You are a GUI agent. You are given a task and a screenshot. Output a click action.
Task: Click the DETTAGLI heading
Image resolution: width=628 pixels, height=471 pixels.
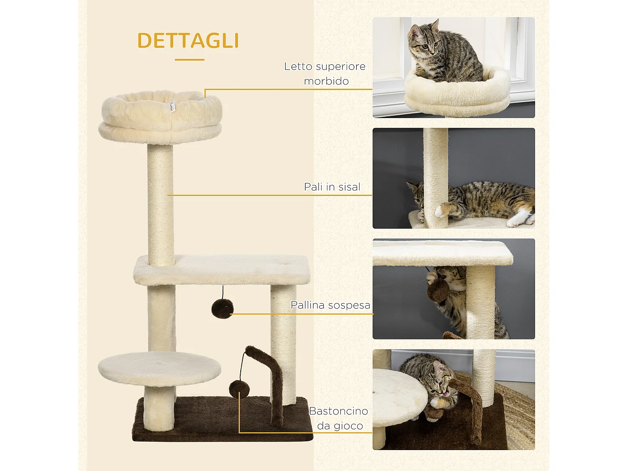pos(188,41)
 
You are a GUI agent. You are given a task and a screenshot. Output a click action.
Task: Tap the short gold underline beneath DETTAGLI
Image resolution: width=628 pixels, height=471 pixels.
pos(189,59)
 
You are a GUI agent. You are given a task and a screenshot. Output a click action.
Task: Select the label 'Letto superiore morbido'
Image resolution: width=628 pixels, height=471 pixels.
pos(325,73)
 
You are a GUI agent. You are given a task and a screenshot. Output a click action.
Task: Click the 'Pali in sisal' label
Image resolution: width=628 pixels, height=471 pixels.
pos(332,187)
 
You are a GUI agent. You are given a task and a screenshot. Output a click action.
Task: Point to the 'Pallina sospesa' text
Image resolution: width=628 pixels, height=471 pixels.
pos(330,305)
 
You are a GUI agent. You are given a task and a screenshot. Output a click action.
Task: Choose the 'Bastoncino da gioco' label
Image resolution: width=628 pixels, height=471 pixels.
pos(339,418)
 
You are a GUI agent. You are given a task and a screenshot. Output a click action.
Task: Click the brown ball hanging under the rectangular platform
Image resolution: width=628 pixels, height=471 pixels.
pos(222,309)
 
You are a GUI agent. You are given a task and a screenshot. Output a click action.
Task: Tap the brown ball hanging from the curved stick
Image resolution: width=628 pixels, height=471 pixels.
pos(239,389)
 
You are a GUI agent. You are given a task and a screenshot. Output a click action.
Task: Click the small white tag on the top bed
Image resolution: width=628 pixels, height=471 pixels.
pos(172,107)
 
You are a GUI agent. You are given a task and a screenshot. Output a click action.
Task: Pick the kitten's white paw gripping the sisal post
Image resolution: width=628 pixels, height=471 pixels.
pos(440,211)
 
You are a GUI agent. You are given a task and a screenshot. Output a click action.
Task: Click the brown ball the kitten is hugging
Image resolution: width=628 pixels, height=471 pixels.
pos(438,290)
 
